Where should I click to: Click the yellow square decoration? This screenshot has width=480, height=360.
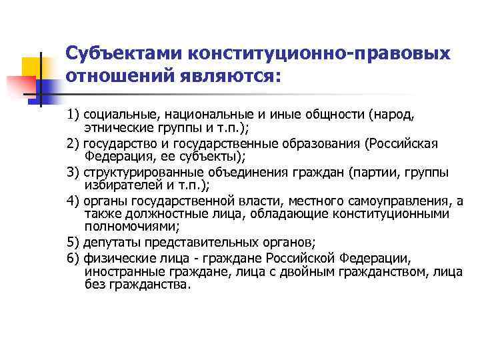33,69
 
